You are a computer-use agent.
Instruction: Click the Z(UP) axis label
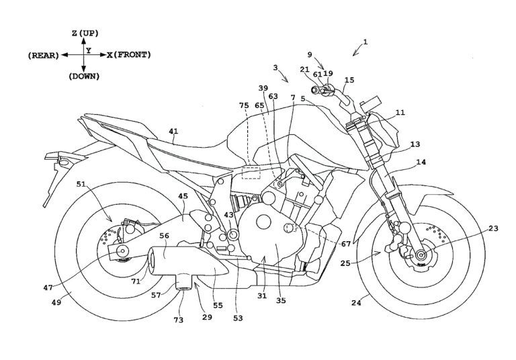tap(83, 32)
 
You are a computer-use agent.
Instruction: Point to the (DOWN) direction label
tap(83, 76)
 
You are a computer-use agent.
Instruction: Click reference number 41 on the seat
tap(173, 141)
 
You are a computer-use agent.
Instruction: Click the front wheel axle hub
tap(421, 254)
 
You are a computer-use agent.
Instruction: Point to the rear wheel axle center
tap(124, 251)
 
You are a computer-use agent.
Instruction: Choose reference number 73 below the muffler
tap(178, 320)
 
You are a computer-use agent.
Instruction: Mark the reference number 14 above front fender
tap(421, 163)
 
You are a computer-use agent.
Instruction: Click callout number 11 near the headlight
tap(400, 114)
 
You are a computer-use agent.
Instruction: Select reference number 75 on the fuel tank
tap(243, 105)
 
